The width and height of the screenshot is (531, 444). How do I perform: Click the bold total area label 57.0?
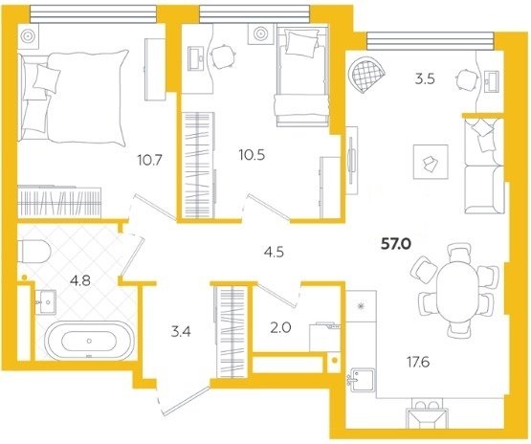click(396, 243)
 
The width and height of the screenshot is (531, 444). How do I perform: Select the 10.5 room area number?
click(252, 155)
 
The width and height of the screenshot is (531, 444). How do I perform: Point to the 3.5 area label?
click(425, 79)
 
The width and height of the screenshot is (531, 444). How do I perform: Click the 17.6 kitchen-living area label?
click(418, 363)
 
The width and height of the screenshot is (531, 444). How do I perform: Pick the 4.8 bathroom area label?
click(80, 280)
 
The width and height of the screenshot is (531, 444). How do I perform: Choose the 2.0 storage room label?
click(280, 328)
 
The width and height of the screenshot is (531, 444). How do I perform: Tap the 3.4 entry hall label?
click(181, 331)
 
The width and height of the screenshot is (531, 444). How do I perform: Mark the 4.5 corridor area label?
click(275, 253)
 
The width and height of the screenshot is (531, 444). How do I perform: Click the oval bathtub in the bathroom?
click(89, 340)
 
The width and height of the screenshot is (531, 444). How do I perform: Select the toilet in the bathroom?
click(33, 252)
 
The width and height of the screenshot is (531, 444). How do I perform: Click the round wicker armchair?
click(367, 74)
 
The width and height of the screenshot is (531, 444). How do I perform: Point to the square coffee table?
click(431, 162)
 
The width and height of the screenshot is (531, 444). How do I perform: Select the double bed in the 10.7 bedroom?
click(74, 97)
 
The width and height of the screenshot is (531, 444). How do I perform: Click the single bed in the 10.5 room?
click(302, 77)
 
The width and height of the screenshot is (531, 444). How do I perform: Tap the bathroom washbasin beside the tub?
click(45, 302)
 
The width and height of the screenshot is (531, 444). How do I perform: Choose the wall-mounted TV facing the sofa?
click(351, 161)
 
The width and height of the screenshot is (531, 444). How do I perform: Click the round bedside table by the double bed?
click(29, 35)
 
